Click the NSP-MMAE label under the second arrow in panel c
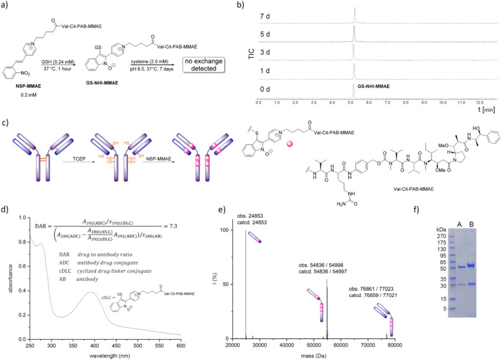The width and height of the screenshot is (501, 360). pos(142,166)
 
